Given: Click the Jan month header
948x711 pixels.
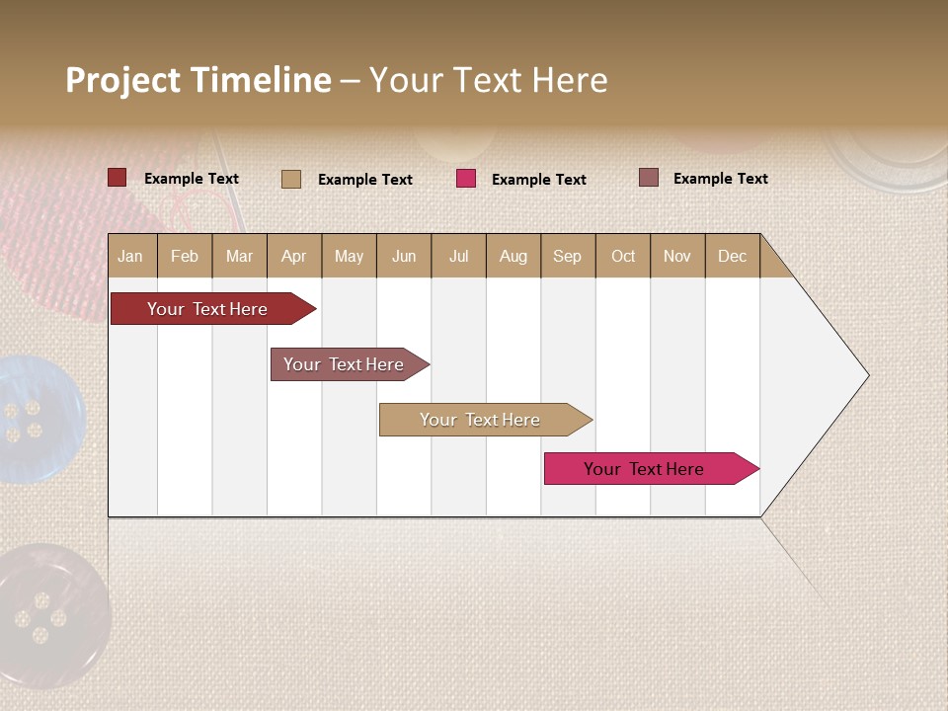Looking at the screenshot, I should coord(130,257).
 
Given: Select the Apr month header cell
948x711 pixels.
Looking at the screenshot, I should coord(294,257).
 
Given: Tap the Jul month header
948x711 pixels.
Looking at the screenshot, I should coord(458,257).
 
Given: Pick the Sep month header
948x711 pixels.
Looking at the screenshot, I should coord(567,257).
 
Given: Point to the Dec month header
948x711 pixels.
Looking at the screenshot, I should coord(732,257).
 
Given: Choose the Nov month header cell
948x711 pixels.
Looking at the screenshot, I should coord(676,257).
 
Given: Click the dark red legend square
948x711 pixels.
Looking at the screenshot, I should coord(117,178).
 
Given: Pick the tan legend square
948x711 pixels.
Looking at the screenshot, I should coord(291,179).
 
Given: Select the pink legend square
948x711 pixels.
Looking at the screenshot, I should coord(466,179).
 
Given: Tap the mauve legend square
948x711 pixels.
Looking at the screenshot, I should coord(649,178).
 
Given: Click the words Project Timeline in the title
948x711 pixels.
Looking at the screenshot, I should coord(197,80).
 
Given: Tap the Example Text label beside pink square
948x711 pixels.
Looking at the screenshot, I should coord(539,180).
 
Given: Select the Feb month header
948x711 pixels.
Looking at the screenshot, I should coord(185,257).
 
